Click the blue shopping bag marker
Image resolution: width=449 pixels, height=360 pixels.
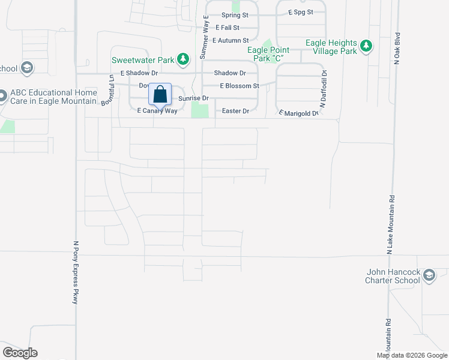(x=160, y=95)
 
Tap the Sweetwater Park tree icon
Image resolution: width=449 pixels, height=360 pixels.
(x=185, y=59)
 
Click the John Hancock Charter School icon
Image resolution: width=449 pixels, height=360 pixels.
(x=429, y=275)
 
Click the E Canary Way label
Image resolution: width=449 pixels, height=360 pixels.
(x=157, y=111)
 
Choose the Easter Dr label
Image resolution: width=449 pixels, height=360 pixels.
(x=235, y=111)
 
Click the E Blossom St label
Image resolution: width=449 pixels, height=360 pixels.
(x=239, y=86)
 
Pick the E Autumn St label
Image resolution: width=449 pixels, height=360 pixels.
(x=231, y=40)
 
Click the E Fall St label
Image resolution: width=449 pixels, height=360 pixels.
(x=230, y=28)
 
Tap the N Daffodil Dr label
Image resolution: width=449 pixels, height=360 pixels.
(x=323, y=89)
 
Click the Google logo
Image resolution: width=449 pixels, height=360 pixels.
(x=20, y=353)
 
